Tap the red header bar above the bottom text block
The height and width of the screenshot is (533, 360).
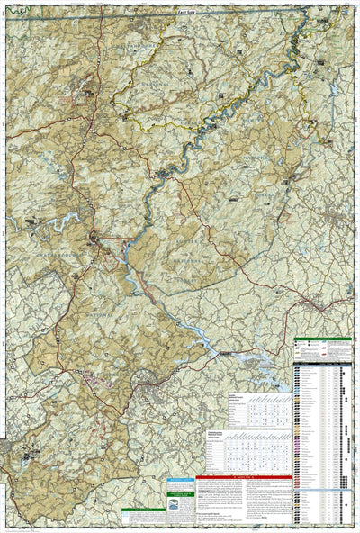(x=243, y=476)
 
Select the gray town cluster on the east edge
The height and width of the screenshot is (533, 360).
(x=346, y=216)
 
